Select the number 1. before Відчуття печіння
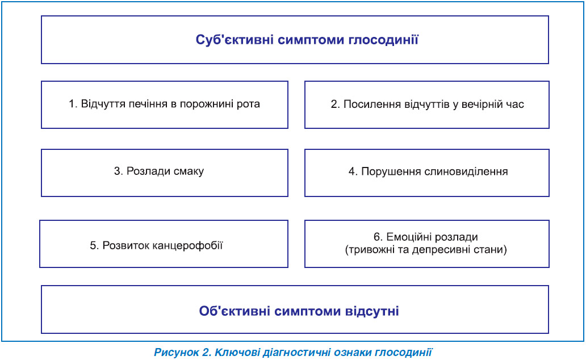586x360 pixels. tap(73, 103)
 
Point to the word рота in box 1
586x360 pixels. tap(248, 104)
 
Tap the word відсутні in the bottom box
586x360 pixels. tap(371, 311)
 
